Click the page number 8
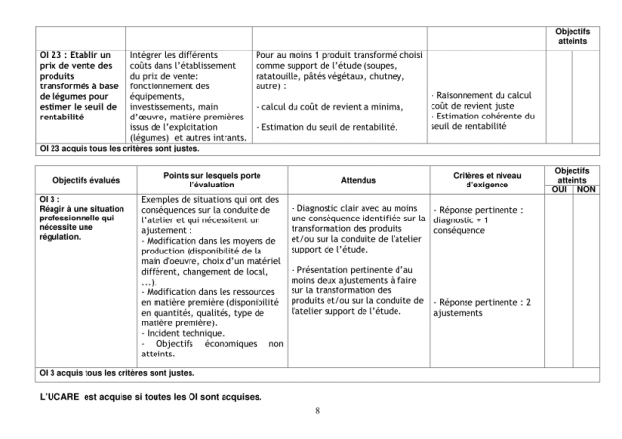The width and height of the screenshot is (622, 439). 317,410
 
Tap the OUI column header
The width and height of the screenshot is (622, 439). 558,189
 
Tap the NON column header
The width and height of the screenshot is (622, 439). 586,189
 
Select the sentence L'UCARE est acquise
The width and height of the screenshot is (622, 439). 151,395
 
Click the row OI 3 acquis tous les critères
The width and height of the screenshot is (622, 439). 117,372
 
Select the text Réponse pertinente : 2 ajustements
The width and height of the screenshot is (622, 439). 482,308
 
